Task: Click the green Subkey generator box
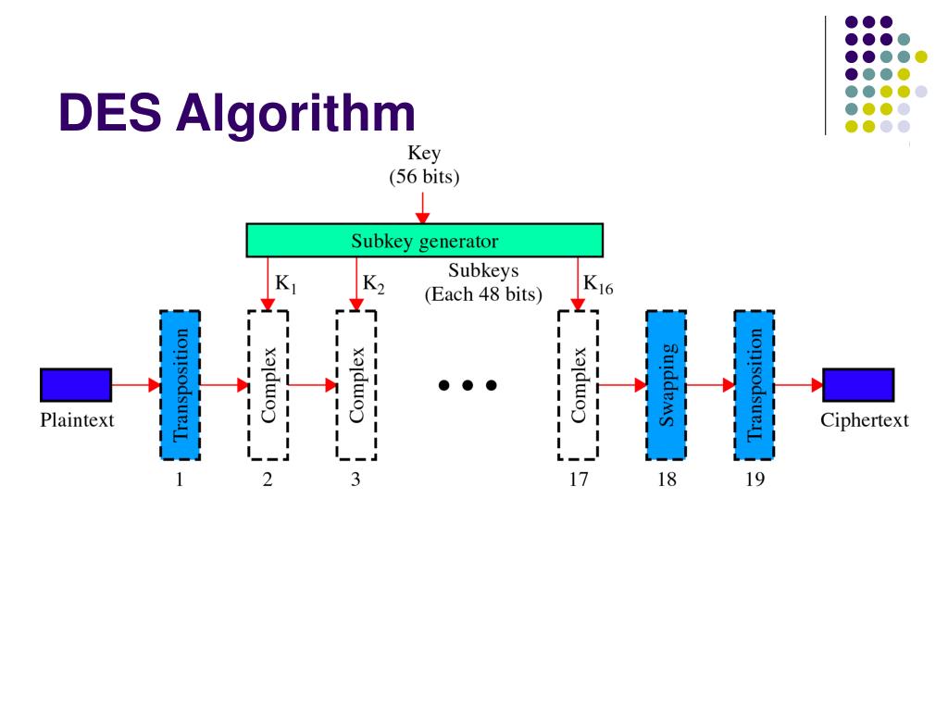pyautogui.click(x=424, y=242)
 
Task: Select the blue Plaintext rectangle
pyautogui.click(x=76, y=385)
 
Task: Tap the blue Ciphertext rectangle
pyautogui.click(x=858, y=385)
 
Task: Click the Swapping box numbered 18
pyautogui.click(x=666, y=385)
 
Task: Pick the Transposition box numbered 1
pyautogui.click(x=180, y=385)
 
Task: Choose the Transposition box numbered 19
pyautogui.click(x=755, y=385)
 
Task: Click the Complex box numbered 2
pyautogui.click(x=268, y=385)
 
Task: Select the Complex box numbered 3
pyautogui.click(x=356, y=385)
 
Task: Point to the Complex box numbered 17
pyautogui.click(x=578, y=385)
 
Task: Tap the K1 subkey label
pyautogui.click(x=286, y=285)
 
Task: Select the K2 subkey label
pyautogui.click(x=374, y=285)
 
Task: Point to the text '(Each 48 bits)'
pyautogui.click(x=482, y=295)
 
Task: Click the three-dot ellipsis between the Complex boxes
pyautogui.click(x=468, y=385)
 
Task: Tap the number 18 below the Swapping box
pyautogui.click(x=666, y=480)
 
